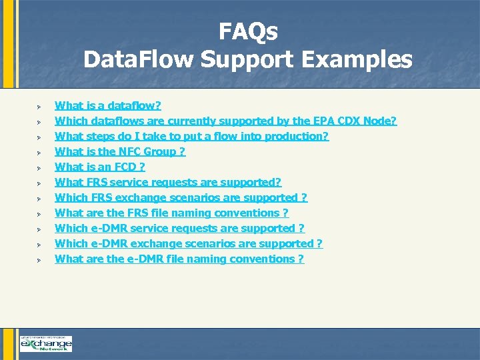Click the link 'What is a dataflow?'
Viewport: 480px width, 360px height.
(107, 105)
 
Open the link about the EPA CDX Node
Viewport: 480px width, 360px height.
(225, 121)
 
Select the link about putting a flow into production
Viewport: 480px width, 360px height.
(191, 136)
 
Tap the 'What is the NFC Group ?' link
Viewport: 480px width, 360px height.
(120, 151)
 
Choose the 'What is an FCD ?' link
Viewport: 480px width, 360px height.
(99, 167)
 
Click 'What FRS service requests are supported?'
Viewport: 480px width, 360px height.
(168, 182)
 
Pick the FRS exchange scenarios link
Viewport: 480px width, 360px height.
(181, 197)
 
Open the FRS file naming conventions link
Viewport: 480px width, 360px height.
(171, 213)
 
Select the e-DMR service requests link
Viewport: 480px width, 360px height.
(179, 228)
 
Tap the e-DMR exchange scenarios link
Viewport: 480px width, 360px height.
(189, 243)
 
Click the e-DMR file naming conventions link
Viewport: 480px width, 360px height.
(179, 259)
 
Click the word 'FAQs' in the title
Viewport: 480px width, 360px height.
(248, 31)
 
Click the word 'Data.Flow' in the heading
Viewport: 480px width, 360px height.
(136, 60)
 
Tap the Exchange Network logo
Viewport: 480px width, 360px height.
(45, 343)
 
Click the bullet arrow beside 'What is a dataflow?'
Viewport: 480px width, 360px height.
(40, 106)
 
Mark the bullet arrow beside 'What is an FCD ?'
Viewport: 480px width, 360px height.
(40, 167)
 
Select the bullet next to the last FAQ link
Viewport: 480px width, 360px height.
(40, 259)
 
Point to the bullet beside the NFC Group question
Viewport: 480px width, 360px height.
(40, 152)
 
